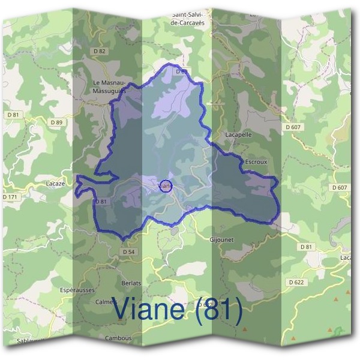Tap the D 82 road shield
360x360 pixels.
100,51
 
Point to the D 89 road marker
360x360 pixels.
56,122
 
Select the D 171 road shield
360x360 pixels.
11,197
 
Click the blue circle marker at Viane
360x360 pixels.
166,185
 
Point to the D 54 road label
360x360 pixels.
128,252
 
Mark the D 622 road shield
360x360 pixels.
296,281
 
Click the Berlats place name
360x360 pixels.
130,283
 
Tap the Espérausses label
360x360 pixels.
77,290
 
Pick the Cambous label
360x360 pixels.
118,338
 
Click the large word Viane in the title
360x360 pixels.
153,310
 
